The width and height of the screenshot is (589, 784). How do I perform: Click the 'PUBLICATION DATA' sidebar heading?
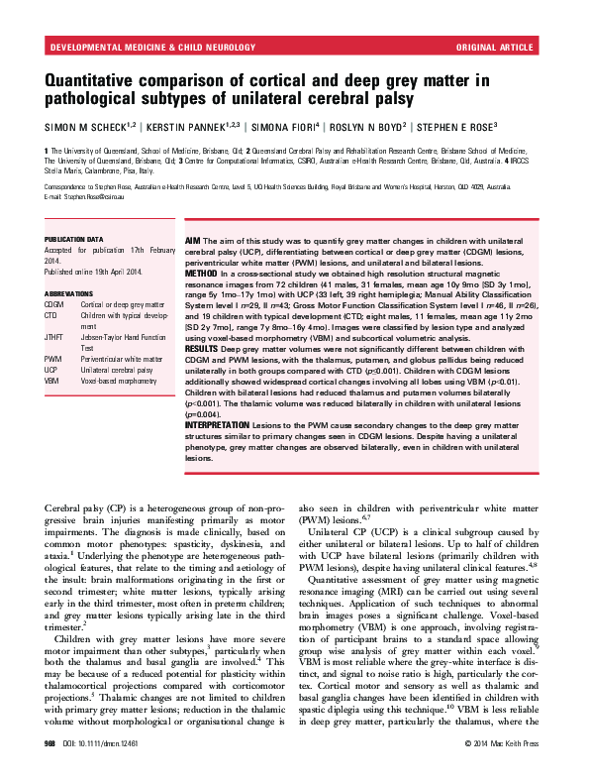73,240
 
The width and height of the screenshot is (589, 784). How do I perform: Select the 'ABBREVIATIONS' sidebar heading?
68,294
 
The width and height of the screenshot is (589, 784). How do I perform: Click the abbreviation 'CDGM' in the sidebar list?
53,304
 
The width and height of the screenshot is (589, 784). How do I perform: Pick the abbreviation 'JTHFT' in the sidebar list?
54,339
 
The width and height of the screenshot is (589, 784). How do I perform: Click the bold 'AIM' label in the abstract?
194,241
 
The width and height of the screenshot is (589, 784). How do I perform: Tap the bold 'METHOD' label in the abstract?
203,273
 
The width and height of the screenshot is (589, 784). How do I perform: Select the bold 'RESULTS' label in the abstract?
205,348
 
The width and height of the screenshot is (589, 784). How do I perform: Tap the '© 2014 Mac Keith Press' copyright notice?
504,768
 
